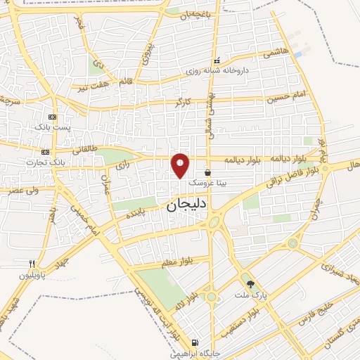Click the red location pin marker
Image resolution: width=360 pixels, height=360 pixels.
(x=181, y=165)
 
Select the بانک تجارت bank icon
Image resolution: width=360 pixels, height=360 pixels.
(x=45, y=152)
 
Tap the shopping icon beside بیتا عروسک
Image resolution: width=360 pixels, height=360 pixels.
(x=207, y=172)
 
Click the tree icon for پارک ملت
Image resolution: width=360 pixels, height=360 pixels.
(x=250, y=283)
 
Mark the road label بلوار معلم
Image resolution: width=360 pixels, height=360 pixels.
(x=176, y=261)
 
